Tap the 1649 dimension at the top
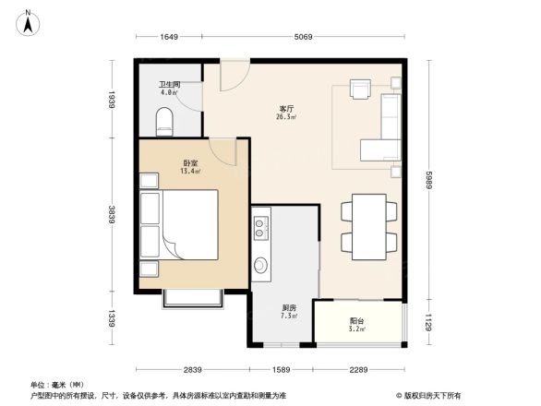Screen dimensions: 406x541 pyautogui.click(x=167, y=37)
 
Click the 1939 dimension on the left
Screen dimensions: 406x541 pyautogui.click(x=110, y=99)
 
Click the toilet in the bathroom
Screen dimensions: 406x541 pyautogui.click(x=165, y=121)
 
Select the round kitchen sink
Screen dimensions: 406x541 pyautogui.click(x=261, y=266)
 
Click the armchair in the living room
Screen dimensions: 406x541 pyautogui.click(x=361, y=89)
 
